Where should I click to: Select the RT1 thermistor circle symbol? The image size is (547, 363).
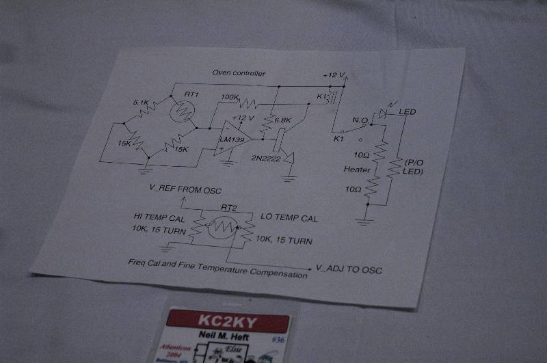[x=183, y=109]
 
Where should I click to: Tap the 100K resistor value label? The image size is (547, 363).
[x=230, y=98]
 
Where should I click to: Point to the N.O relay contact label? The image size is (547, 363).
[x=361, y=120]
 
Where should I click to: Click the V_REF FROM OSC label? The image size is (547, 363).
[x=185, y=189]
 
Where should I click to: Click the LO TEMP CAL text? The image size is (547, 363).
[x=289, y=218]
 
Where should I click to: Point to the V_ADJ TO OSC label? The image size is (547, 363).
[x=349, y=269]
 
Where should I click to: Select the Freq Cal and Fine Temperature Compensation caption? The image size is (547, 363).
[x=217, y=267]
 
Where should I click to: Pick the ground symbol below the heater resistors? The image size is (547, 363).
[x=364, y=220]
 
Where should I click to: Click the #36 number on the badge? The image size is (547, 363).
[x=279, y=338]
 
